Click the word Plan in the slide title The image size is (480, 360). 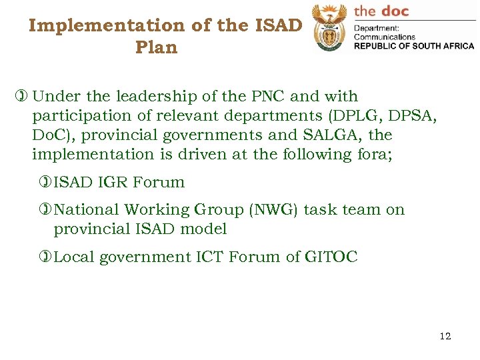[156, 48]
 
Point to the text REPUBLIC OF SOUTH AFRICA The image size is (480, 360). [413, 46]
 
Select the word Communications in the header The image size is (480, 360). [384, 37]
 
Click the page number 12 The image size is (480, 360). [445, 336]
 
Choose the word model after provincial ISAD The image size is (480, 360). [206, 229]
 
